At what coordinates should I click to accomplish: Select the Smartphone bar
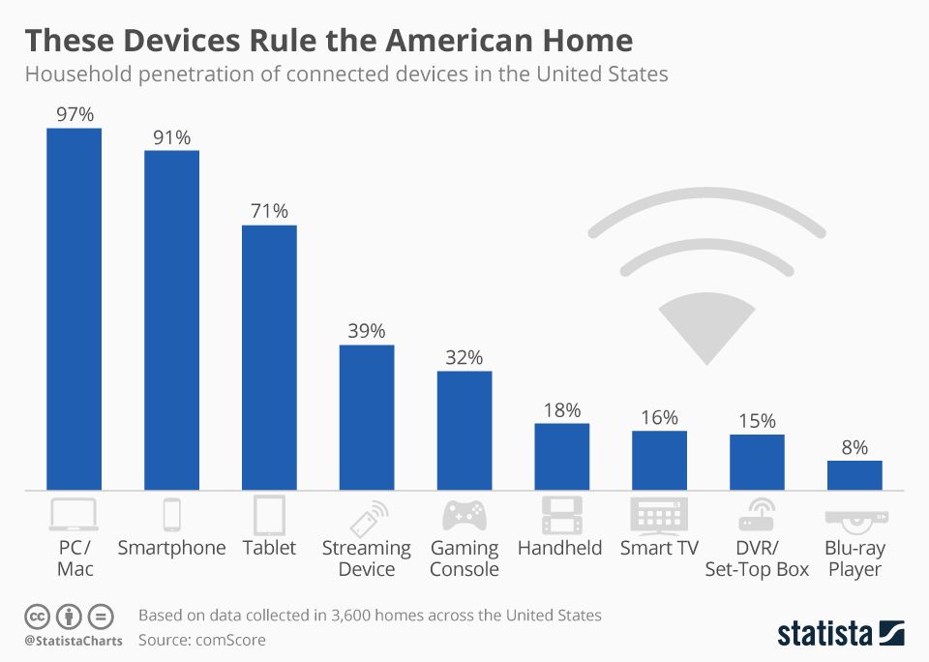[x=171, y=319]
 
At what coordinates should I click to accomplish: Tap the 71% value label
[x=269, y=210]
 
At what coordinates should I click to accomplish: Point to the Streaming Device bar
[x=367, y=416]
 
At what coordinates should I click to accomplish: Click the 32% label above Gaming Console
[x=464, y=357]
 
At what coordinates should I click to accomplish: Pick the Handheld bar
[x=562, y=456]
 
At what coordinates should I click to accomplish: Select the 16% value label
[x=660, y=417]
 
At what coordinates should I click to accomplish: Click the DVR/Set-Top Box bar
[x=757, y=462]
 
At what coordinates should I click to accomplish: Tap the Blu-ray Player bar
[x=854, y=474]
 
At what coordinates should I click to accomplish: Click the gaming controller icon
[x=464, y=515]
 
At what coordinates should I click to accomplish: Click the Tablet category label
[x=269, y=548]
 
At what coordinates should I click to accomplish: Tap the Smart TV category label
[x=660, y=548]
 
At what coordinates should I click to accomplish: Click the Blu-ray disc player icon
[x=854, y=518]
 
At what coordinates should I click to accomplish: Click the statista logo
[x=841, y=633]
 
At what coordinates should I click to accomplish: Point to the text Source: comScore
[x=201, y=640]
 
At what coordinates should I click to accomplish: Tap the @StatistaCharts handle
[x=73, y=641]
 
